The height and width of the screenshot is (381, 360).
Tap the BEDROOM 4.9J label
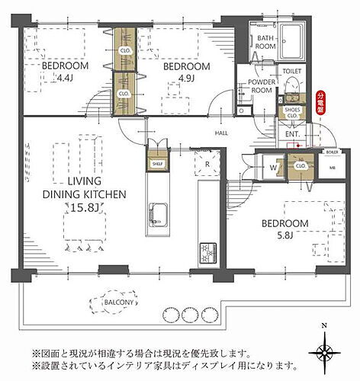[187, 72]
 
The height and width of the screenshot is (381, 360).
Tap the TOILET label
[292, 71]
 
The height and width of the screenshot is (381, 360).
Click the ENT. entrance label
[293, 134]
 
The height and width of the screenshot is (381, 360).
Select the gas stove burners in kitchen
[207, 251]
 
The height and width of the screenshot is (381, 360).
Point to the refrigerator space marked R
[206, 163]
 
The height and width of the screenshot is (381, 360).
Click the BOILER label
[332, 152]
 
